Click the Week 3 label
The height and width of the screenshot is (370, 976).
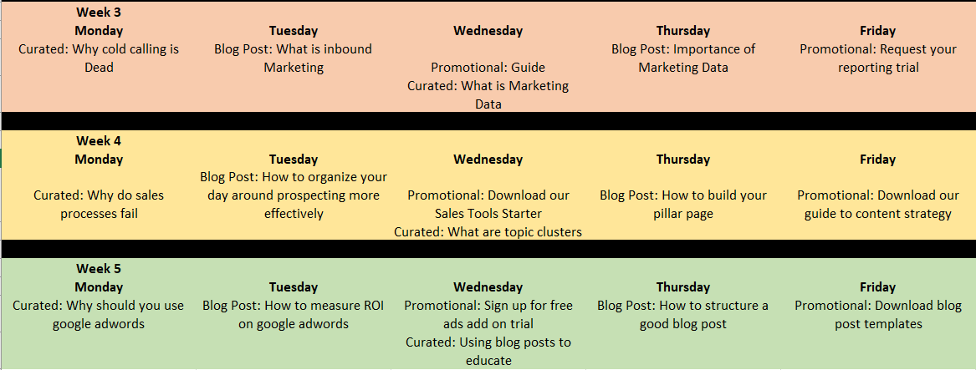coord(99,12)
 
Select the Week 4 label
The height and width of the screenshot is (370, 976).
coord(99,140)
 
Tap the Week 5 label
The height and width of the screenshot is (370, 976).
coord(99,269)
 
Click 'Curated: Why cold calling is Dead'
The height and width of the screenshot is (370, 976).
coord(99,58)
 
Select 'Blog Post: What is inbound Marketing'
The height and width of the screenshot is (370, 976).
coord(294,58)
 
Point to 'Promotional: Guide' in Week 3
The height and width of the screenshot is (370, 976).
coord(488,67)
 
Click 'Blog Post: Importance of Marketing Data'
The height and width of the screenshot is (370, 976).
coord(682,58)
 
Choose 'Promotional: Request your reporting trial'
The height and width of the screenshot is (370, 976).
coord(877,58)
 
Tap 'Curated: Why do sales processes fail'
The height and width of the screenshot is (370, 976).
coord(99,205)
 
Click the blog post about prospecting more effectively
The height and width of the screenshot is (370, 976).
coord(294,195)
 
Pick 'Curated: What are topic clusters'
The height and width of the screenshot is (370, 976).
coord(488,232)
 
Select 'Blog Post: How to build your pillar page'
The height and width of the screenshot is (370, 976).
coord(682,205)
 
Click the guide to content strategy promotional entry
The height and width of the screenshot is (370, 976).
coord(877,205)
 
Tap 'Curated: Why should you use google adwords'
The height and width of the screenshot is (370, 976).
coord(99,315)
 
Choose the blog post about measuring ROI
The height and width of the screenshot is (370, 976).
coord(294,315)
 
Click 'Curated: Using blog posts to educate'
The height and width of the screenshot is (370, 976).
coord(488,352)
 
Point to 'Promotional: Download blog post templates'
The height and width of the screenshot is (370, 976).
coord(877,315)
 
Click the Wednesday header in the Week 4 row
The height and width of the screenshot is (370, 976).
coord(488,160)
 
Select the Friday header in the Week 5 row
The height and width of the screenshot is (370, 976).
coord(877,287)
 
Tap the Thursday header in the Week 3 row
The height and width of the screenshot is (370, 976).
coord(682,30)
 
